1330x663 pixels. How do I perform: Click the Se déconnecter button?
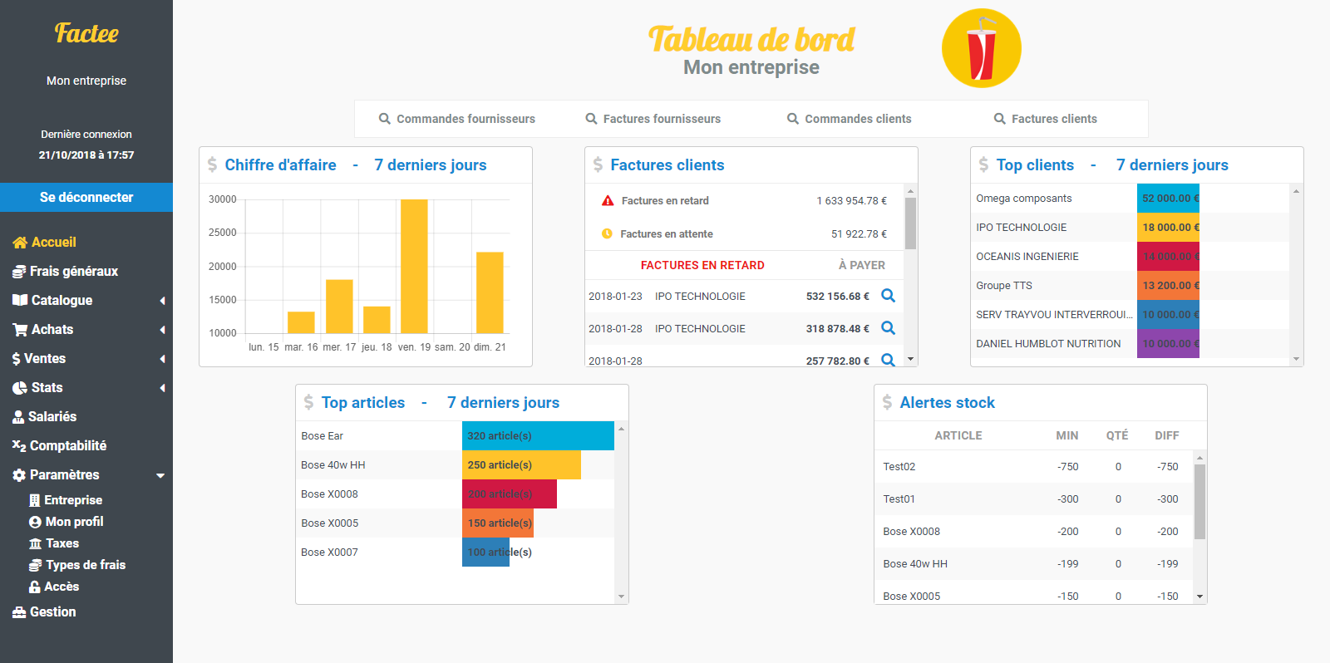[x=86, y=198]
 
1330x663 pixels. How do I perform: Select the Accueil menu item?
[x=53, y=243]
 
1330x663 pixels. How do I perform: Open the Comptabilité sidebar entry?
[x=67, y=446]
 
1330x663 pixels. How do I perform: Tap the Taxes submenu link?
[x=62, y=543]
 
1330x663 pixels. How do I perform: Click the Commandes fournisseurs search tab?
[x=457, y=119]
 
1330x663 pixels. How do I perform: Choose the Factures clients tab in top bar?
[x=1046, y=119]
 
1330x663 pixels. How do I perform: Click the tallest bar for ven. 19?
[x=414, y=266]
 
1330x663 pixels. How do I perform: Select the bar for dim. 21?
[x=490, y=292]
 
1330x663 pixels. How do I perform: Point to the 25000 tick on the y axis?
[x=223, y=233]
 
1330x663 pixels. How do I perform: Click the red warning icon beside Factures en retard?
[x=608, y=201]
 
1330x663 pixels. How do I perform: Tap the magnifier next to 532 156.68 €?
[x=888, y=296]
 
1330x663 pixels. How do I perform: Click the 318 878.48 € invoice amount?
[x=837, y=329]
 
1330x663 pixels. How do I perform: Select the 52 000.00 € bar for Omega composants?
[x=1168, y=199]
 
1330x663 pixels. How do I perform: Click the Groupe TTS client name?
[x=1004, y=286]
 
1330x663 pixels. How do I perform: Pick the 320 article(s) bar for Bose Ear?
[x=538, y=436]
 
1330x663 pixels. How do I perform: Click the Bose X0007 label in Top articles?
[x=330, y=552]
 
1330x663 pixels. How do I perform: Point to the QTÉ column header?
[x=1117, y=435]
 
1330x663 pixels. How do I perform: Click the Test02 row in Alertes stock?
[x=899, y=467]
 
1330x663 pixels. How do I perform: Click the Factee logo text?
[x=86, y=33]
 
